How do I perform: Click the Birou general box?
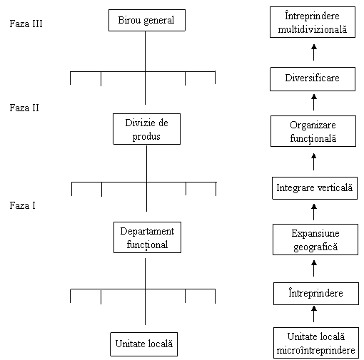147,20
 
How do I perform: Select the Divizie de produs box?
146,129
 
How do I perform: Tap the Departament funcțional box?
147,237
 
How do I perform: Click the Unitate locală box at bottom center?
143,344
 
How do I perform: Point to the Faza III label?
26,24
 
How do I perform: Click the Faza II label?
24,108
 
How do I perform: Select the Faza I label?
22,205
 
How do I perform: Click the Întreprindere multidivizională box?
313,22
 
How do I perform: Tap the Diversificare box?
313,79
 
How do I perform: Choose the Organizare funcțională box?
313,131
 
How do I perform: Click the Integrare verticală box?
315,188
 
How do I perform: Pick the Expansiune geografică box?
315,240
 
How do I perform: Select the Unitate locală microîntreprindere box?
316,343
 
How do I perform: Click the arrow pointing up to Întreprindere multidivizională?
314,52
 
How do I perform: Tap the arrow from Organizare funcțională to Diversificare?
314,103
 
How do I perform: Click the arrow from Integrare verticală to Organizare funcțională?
314,162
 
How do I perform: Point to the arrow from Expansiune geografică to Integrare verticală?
314,212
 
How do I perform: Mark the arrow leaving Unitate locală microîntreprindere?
314,314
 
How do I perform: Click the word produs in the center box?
146,137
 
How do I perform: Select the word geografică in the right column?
315,247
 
